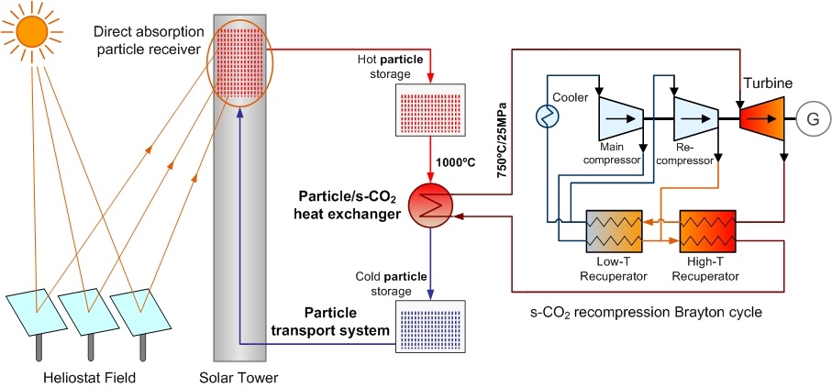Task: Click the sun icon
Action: click(x=32, y=31)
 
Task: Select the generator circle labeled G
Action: click(x=813, y=119)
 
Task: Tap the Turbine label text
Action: click(x=768, y=83)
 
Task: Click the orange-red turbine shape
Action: click(x=762, y=119)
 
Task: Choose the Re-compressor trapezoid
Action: click(x=695, y=119)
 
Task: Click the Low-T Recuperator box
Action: click(x=614, y=231)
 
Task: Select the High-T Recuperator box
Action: click(x=708, y=231)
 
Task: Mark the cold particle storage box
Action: click(x=430, y=327)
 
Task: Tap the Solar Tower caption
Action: click(x=239, y=378)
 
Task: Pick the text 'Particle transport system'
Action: click(x=330, y=321)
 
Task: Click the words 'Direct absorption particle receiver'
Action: click(x=149, y=40)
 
